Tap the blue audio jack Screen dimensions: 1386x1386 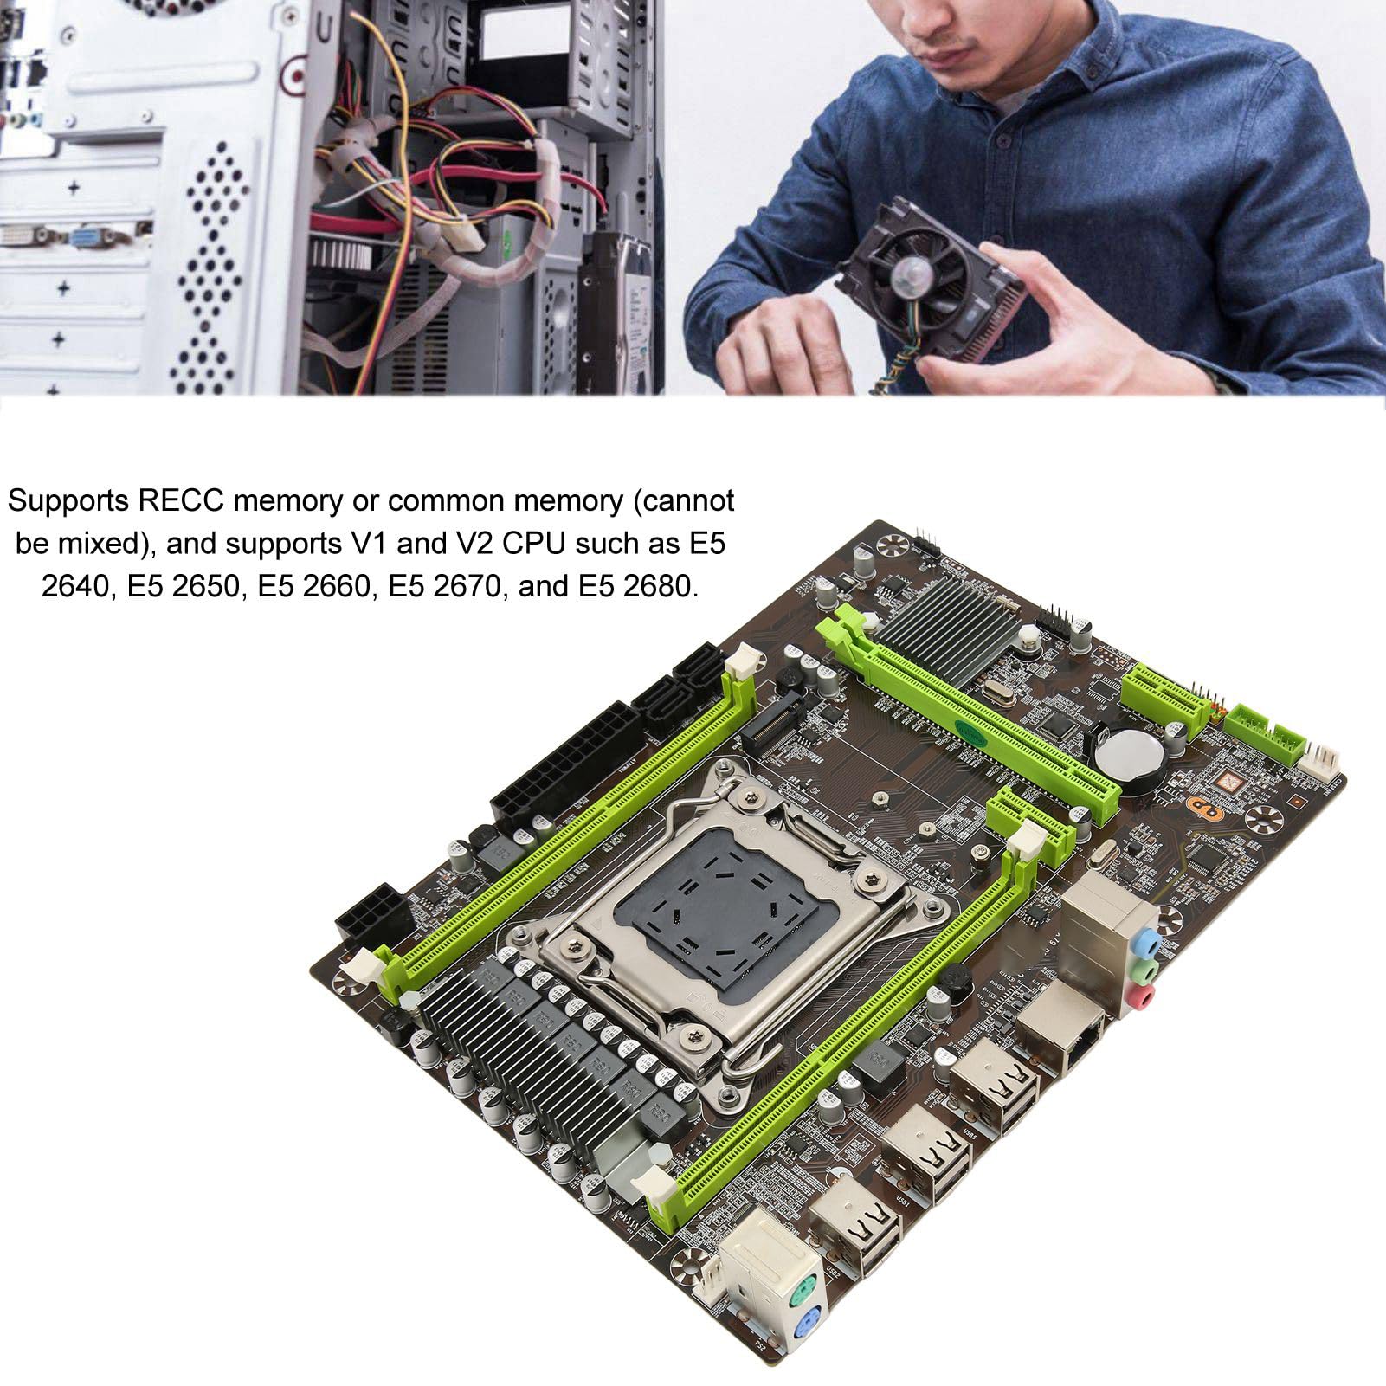pyautogui.click(x=1146, y=939)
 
